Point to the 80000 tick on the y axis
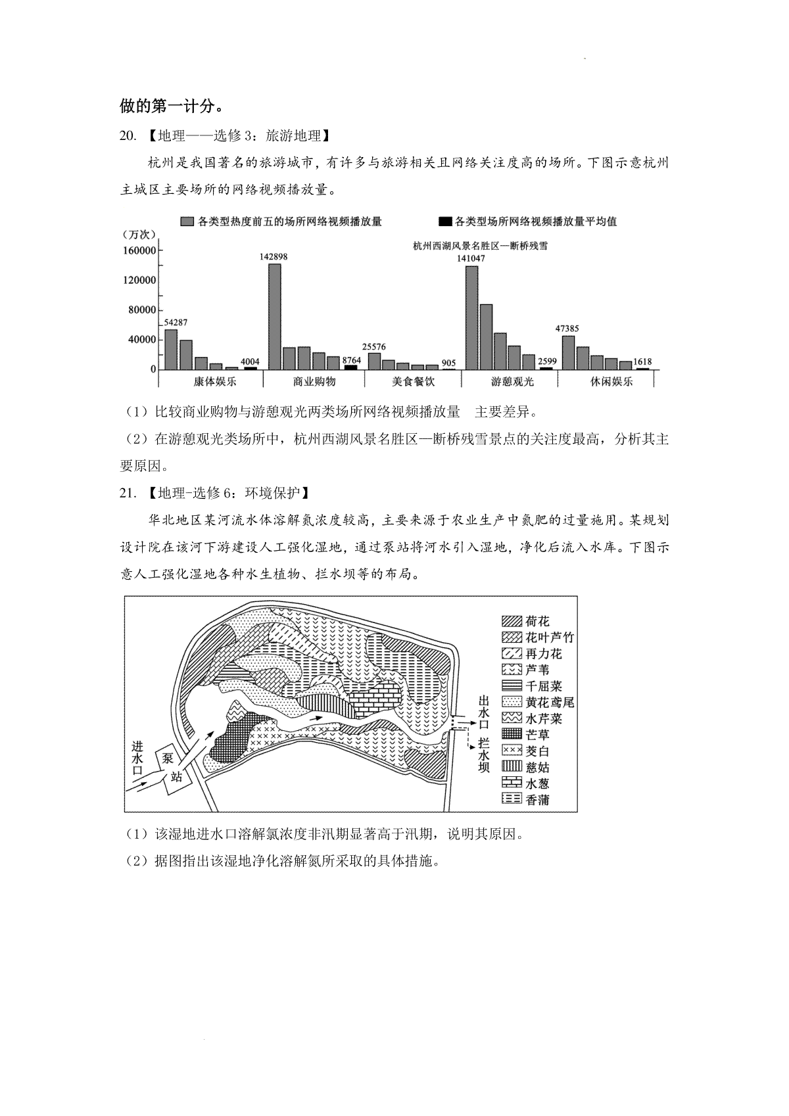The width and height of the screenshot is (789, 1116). [x=139, y=310]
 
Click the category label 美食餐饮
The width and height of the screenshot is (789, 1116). [x=413, y=381]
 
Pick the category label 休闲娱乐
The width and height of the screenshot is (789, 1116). [x=611, y=381]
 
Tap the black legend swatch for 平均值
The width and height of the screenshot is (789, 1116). [x=444, y=221]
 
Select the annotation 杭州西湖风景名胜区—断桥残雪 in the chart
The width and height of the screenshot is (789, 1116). [x=481, y=246]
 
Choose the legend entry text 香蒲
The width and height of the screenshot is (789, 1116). [x=537, y=800]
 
